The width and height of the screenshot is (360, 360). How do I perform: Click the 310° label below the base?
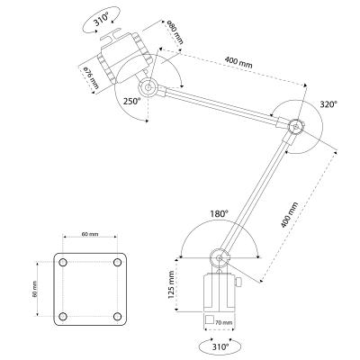pos(220,344)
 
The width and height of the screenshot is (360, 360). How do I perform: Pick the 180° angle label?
pos(220,214)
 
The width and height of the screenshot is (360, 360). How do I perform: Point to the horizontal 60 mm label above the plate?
pos(90,235)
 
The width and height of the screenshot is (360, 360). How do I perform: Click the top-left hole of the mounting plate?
pos(64,262)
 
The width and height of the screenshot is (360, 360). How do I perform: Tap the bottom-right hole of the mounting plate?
pos(117,315)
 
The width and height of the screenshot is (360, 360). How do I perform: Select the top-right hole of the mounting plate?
pos(117,262)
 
